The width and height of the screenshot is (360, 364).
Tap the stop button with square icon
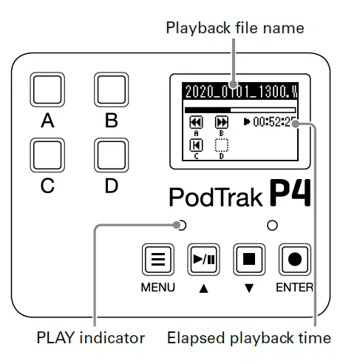[248, 260]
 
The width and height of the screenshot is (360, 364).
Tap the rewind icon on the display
[197, 122]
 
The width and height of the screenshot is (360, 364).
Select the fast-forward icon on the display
[221, 122]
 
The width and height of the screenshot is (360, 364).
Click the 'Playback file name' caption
[234, 28]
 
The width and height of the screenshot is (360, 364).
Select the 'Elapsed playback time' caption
[248, 338]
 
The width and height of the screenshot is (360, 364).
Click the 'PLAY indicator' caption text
[90, 338]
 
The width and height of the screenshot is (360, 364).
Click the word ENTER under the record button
[295, 287]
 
